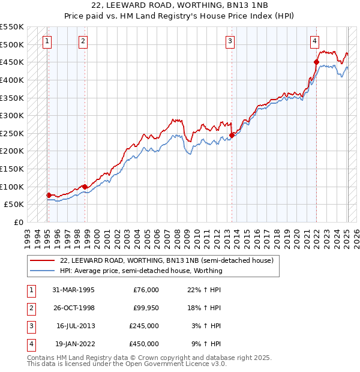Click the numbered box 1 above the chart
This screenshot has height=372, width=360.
tap(47, 41)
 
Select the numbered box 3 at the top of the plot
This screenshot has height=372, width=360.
tap(230, 41)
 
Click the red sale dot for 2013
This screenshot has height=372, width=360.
tap(232, 135)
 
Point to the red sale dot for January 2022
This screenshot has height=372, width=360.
tap(316, 62)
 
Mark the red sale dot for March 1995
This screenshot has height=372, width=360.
tap(48, 195)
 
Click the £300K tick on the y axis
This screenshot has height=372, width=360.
tap(12, 115)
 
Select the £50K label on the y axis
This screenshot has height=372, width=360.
tap(14, 204)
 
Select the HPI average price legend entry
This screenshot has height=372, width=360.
tap(141, 271)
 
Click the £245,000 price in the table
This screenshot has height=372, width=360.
tap(144, 326)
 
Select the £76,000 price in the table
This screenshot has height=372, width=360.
tap(146, 290)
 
